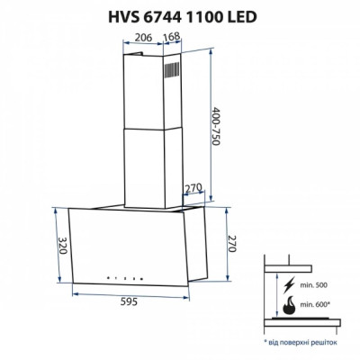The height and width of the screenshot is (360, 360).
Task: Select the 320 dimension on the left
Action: pos(62,247)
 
